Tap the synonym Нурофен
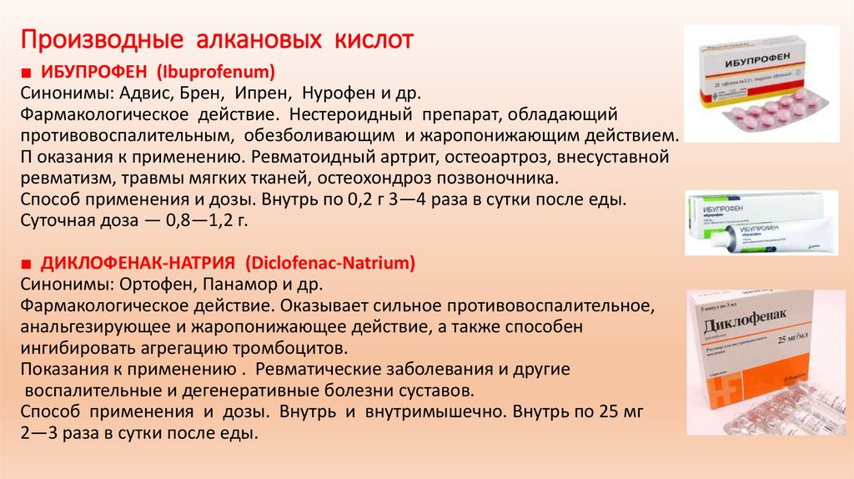pyautogui.click(x=338, y=91)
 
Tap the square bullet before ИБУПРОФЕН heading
pyautogui.click(x=25, y=70)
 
